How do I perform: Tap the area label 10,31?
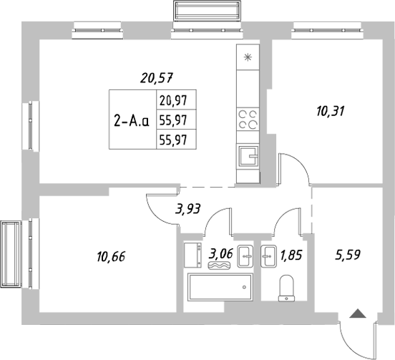click(x=331, y=110)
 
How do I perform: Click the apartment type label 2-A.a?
click(x=131, y=120)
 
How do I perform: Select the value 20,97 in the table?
click(x=175, y=101)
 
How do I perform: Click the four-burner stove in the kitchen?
click(x=248, y=118)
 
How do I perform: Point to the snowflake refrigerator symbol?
click(x=248, y=59)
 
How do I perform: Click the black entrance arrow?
click(x=357, y=313)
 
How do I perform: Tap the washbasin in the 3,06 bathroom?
click(x=245, y=253)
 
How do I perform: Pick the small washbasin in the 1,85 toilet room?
click(x=269, y=254)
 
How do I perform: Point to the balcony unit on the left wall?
click(x=14, y=255)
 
